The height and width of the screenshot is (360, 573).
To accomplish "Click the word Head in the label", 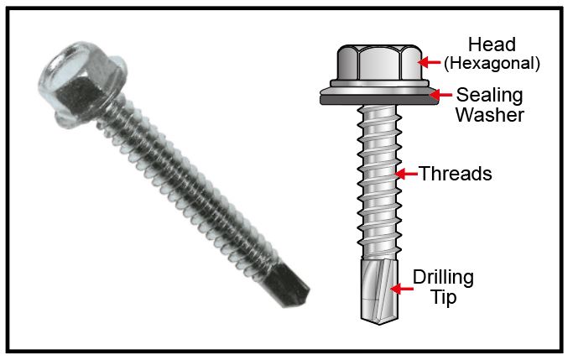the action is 492,44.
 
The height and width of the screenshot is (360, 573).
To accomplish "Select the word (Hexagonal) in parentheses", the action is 492,63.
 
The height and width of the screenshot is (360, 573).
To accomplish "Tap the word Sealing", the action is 490,96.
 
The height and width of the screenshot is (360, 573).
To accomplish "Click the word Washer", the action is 490,115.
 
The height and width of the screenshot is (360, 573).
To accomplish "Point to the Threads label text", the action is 456,173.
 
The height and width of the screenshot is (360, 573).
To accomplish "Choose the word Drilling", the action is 443,278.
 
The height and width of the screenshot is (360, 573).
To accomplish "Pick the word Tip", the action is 444,297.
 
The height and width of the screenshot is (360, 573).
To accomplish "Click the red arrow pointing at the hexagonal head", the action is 429,62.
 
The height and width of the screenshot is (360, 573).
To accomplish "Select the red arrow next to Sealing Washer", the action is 440,95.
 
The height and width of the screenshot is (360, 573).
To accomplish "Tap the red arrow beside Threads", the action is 406,174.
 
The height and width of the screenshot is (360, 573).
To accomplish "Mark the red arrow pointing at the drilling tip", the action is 402,289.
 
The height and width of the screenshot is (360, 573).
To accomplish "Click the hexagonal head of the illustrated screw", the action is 379,64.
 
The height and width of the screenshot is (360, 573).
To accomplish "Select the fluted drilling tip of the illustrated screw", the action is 379,290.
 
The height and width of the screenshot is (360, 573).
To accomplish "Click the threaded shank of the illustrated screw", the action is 379,181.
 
